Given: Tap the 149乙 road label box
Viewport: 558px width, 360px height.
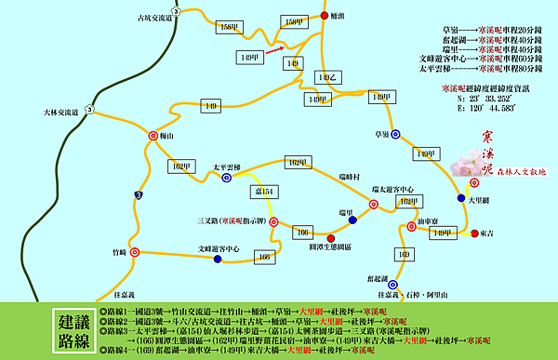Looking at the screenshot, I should coord(324,76).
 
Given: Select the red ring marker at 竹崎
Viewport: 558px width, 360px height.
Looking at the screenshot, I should coord(135,252).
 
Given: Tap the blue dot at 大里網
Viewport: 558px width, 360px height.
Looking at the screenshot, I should coord(461,198).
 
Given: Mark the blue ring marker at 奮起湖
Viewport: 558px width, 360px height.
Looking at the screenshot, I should coord(396,288).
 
